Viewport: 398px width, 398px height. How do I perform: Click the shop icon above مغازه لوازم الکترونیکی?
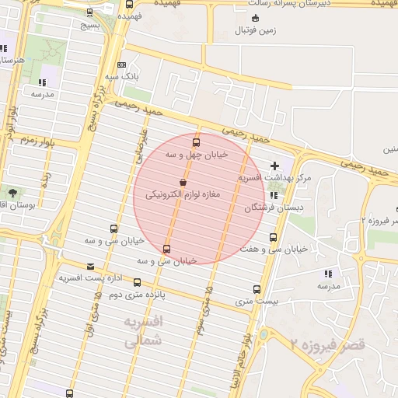click(183, 183)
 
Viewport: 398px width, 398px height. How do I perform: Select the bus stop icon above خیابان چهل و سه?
click(195, 142)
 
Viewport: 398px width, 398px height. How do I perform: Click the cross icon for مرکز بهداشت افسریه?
click(274, 166)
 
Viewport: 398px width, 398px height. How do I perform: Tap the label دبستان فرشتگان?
click(274, 208)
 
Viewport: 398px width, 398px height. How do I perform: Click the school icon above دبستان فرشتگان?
click(274, 196)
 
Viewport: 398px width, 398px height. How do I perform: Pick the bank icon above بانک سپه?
click(121, 65)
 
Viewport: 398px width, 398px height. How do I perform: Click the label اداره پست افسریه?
click(92, 278)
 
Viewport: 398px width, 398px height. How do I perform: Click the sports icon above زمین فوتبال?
click(255, 18)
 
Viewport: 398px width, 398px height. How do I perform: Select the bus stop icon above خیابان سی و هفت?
click(273, 237)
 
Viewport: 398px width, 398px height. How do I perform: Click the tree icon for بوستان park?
click(12, 192)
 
